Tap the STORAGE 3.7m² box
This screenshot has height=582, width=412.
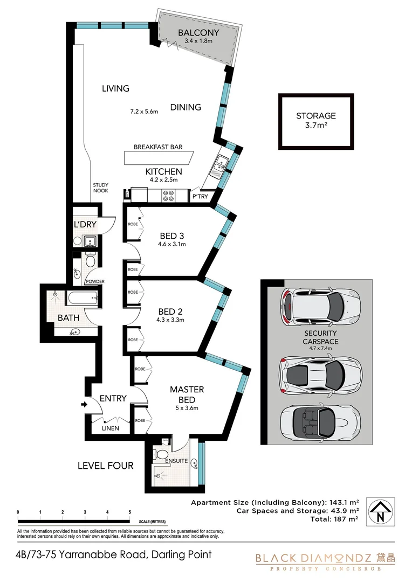click(316, 121)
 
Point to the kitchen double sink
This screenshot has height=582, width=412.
click(220, 165)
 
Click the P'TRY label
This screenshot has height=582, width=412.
click(200, 197)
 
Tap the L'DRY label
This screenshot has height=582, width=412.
click(84, 224)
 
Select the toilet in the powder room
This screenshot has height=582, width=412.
click(90, 261)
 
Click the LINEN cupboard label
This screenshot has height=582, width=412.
click(112, 428)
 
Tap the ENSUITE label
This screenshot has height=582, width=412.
click(176, 461)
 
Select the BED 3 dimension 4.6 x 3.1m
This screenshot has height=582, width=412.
click(173, 244)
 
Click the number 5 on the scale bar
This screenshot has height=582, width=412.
click(129, 512)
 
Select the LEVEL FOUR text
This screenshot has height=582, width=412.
click(105, 465)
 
